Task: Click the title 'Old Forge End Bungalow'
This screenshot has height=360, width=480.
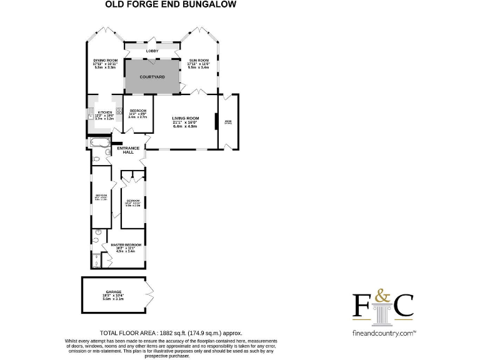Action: (x=169, y=4)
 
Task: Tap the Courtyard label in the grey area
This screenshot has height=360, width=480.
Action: (x=152, y=76)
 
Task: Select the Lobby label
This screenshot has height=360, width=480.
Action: (x=152, y=51)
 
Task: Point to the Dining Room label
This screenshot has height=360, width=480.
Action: (x=106, y=60)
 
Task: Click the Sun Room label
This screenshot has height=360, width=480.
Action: (x=199, y=60)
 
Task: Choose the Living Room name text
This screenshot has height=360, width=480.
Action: (x=185, y=118)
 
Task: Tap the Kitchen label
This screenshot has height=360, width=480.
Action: (x=104, y=112)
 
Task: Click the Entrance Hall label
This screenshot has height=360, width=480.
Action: (x=128, y=150)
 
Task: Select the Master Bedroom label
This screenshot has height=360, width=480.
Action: (x=126, y=244)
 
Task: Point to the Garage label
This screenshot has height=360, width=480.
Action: (x=113, y=292)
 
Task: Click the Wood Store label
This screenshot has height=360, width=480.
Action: (x=228, y=122)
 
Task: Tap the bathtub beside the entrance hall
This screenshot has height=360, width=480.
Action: (x=99, y=143)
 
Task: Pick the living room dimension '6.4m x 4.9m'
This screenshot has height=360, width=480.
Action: (x=185, y=126)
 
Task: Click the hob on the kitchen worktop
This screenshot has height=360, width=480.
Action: (x=118, y=112)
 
